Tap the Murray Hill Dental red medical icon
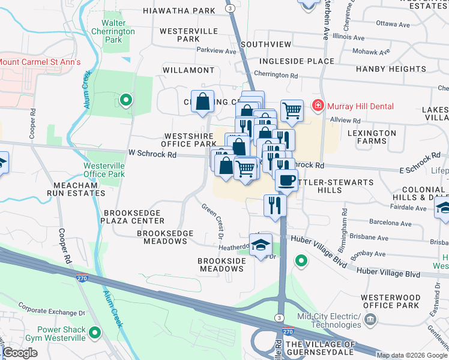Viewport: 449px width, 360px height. coord(318,106)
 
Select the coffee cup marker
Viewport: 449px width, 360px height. coord(286,179)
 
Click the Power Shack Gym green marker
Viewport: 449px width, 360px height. coord(94,332)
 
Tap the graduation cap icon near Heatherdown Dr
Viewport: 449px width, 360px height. coord(261,245)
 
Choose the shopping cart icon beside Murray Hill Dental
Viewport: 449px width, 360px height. coord(292,110)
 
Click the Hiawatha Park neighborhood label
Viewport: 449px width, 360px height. coord(179,11)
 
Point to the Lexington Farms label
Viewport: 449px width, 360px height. coord(371,137)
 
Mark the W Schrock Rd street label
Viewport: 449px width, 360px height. coord(152,154)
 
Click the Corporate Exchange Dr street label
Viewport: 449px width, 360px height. coord(51,312)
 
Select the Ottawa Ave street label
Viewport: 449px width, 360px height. coord(393,23)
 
